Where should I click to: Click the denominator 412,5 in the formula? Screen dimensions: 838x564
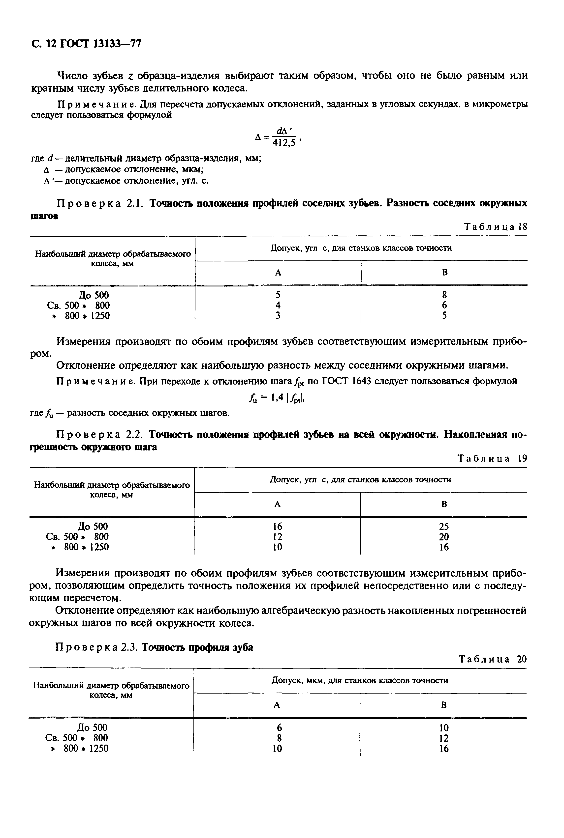284,143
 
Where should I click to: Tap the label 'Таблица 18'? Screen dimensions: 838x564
496,227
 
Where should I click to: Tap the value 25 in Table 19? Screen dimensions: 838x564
444,527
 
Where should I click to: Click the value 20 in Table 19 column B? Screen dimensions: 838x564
444,537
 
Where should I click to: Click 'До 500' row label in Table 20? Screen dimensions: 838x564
93,728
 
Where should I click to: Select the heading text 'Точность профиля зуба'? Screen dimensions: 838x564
197,647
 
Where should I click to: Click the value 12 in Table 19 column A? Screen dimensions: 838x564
277,537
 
